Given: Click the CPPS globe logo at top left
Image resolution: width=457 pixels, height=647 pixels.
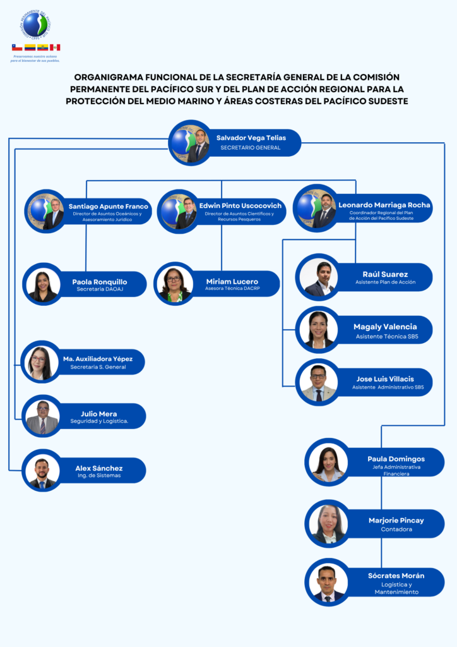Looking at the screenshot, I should tap(36, 25).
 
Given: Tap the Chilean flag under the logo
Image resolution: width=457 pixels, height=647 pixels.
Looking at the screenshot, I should tap(17, 47).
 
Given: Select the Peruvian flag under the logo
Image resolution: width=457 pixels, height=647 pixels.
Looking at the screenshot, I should tap(55, 47).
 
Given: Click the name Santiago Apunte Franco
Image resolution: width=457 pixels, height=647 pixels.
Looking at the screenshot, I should tap(109, 207).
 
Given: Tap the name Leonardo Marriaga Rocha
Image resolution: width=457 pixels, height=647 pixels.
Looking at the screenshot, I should tap(384, 205).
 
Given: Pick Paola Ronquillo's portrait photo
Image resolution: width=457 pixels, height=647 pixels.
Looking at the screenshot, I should tap(42, 285).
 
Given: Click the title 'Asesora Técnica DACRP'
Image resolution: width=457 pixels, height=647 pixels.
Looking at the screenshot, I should tap(232, 288).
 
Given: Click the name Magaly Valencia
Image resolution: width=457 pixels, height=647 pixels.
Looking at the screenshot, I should tap(385, 327).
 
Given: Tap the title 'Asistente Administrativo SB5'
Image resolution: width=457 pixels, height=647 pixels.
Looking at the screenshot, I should tap(388, 387).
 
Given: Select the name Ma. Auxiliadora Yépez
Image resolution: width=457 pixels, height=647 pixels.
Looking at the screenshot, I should tap(98, 359).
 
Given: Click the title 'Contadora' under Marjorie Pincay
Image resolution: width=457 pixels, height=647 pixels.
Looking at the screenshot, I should tap(396, 529).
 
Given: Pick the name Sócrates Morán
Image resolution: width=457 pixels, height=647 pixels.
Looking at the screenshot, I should tap(396, 576).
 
